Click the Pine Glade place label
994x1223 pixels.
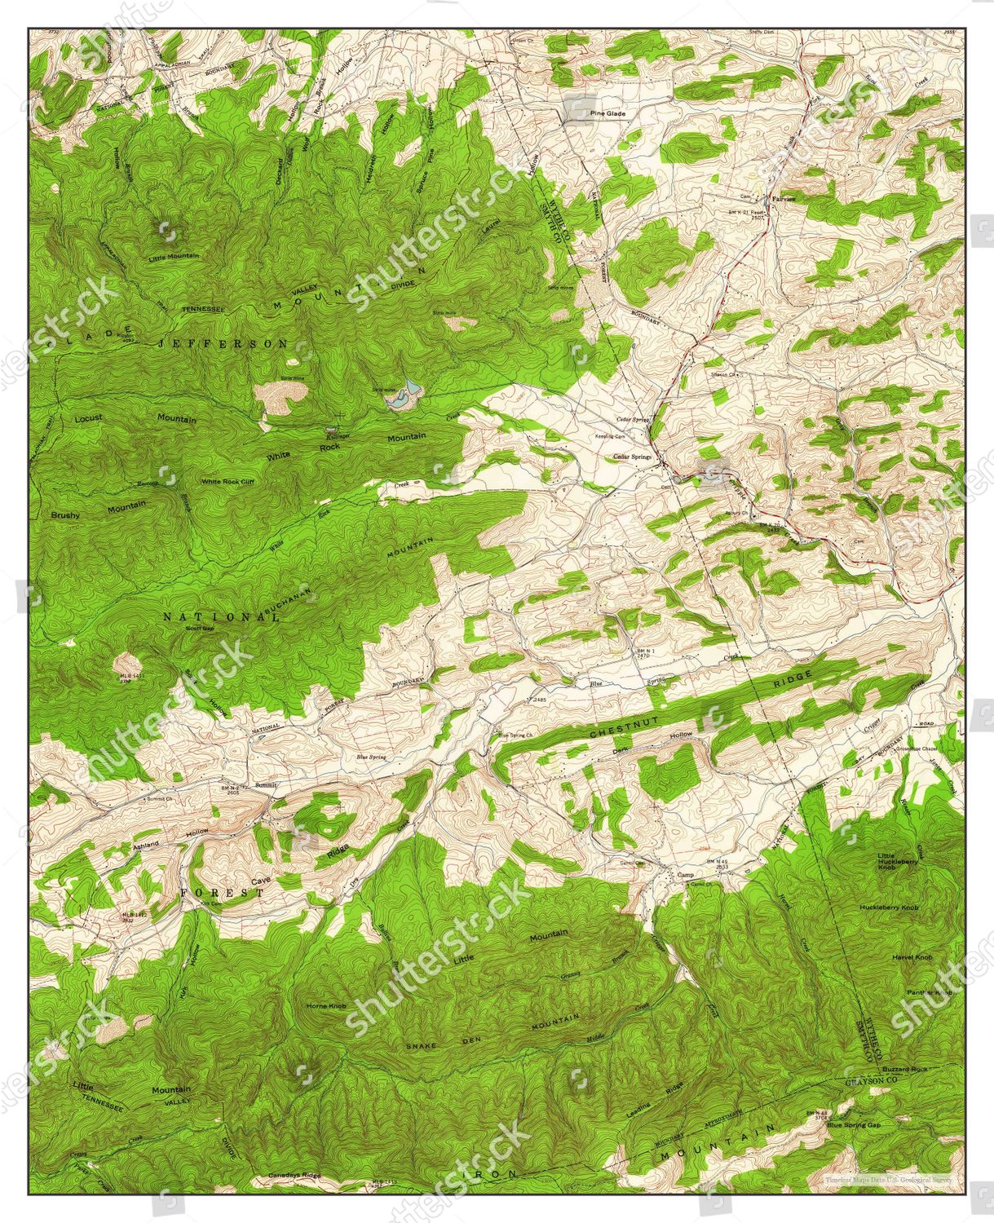(x=607, y=113)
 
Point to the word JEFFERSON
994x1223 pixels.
(x=222, y=344)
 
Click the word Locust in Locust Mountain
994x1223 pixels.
(x=88, y=418)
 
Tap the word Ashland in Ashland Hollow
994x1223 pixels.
(x=148, y=846)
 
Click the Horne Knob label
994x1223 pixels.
(x=326, y=1006)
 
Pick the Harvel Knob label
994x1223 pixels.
(x=912, y=956)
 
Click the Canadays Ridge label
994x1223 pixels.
(x=294, y=1175)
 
